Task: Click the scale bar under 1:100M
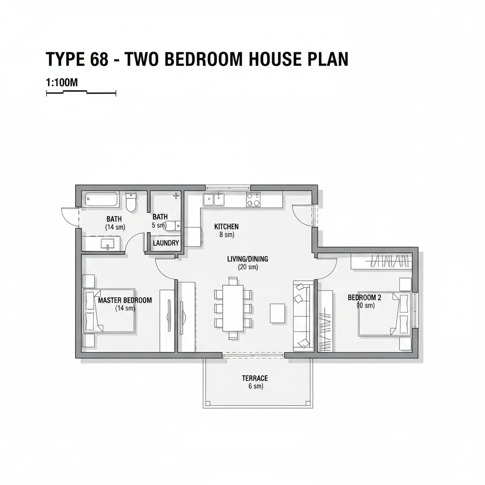pyautogui.click(x=81, y=92)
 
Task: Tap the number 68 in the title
pyautogui.click(x=99, y=59)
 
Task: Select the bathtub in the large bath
pyautogui.click(x=102, y=199)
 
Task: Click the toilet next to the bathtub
pyautogui.click(x=131, y=202)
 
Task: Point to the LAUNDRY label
pyautogui.click(x=166, y=243)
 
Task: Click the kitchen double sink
pyautogui.click(x=214, y=199)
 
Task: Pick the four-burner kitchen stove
pyautogui.click(x=253, y=199)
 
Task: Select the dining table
pyautogui.click(x=233, y=308)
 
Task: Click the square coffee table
pyautogui.click(x=278, y=314)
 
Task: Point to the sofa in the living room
pyautogui.click(x=302, y=316)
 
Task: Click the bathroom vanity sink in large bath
pyautogui.click(x=108, y=244)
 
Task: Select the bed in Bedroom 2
pyautogui.click(x=385, y=314)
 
